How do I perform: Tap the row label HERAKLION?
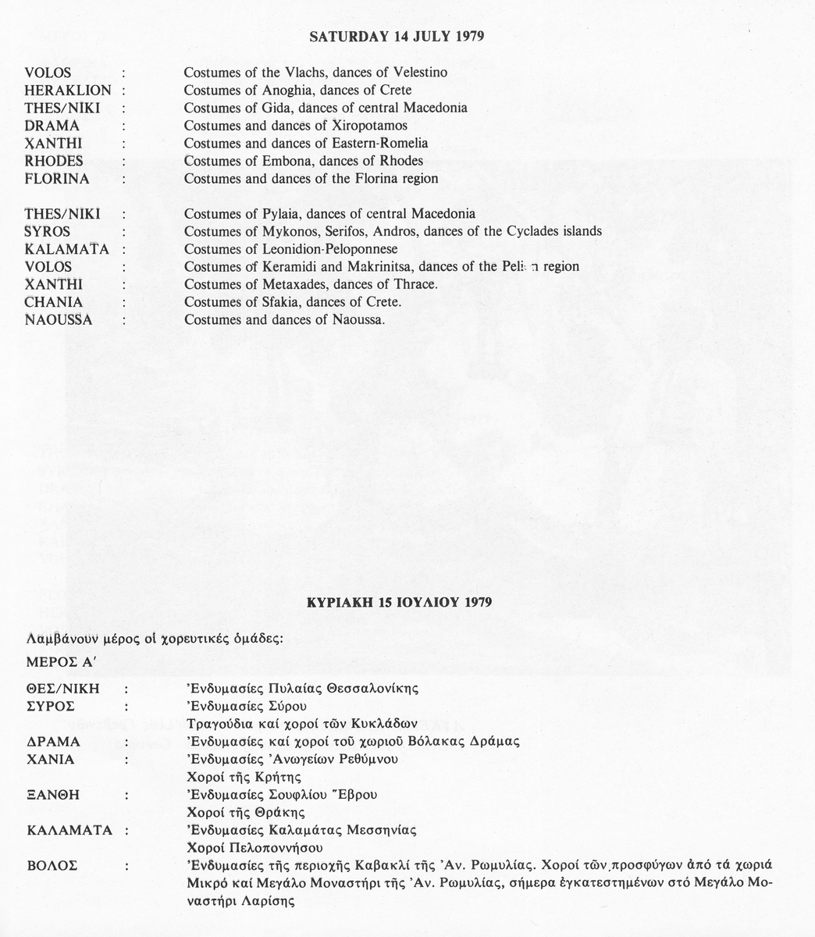(x=68, y=90)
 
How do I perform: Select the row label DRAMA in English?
(x=52, y=126)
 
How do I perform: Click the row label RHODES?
(x=54, y=161)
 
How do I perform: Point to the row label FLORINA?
(x=57, y=179)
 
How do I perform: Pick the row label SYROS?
(x=48, y=232)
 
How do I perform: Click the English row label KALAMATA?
(x=66, y=250)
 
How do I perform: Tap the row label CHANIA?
(x=52, y=302)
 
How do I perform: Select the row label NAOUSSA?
(x=59, y=320)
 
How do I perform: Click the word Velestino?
(x=418, y=73)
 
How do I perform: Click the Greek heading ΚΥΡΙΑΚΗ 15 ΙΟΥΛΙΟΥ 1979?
(x=398, y=603)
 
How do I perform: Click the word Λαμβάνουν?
(x=58, y=638)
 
